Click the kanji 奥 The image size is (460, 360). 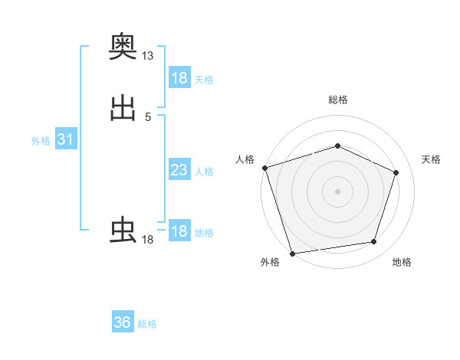123,47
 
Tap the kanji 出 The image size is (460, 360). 123,108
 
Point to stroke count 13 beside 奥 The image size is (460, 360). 148,56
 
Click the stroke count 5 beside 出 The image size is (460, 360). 148,116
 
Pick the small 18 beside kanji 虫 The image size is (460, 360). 148,240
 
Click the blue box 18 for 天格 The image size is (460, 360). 179,78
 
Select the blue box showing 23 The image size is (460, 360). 179,170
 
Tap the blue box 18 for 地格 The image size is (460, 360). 179,231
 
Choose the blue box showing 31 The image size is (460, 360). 65,139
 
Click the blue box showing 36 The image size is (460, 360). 123,322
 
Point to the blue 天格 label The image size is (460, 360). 204,80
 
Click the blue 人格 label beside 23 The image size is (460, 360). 204,172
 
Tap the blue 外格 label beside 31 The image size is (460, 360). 41,141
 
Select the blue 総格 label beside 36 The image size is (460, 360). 147,324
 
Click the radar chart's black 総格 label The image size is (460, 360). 337,100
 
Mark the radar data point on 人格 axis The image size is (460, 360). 264,167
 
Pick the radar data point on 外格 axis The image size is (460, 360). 292,252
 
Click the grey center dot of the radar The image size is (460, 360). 337,191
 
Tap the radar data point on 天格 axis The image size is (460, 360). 396,172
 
